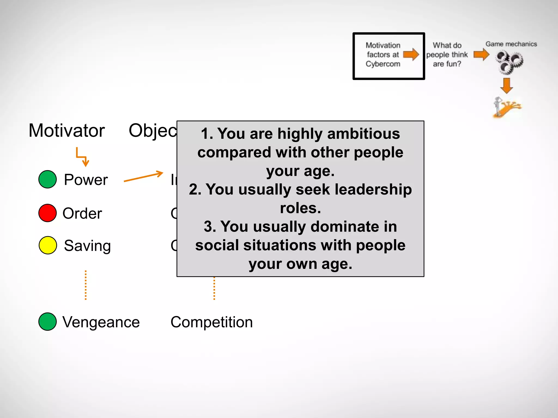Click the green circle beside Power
(48, 179)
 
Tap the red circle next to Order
(48, 213)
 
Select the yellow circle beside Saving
(48, 245)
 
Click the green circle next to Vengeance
(48, 322)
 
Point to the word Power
(86, 180)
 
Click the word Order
(82, 213)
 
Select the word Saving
(87, 246)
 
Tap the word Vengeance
(101, 322)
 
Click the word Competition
(212, 322)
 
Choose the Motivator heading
(67, 131)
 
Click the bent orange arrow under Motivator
(82, 157)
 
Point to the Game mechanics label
(511, 44)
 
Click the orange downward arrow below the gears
(507, 86)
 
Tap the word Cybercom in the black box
(383, 64)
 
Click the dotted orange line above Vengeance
(86, 285)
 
